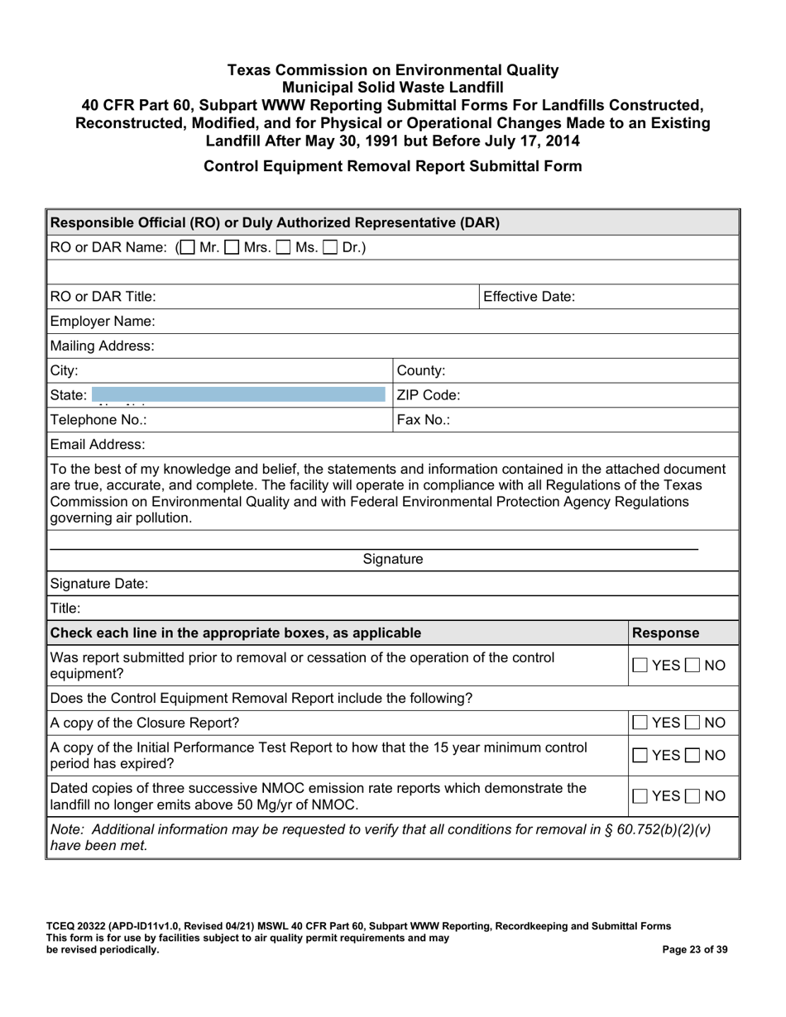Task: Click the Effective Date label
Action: tap(529, 297)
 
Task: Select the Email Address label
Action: tap(98, 445)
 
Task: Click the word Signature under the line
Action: tap(393, 560)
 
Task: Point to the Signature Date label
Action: tap(99, 585)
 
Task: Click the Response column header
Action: tap(666, 633)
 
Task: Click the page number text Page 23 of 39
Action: tap(695, 950)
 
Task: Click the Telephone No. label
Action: tap(98, 420)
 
